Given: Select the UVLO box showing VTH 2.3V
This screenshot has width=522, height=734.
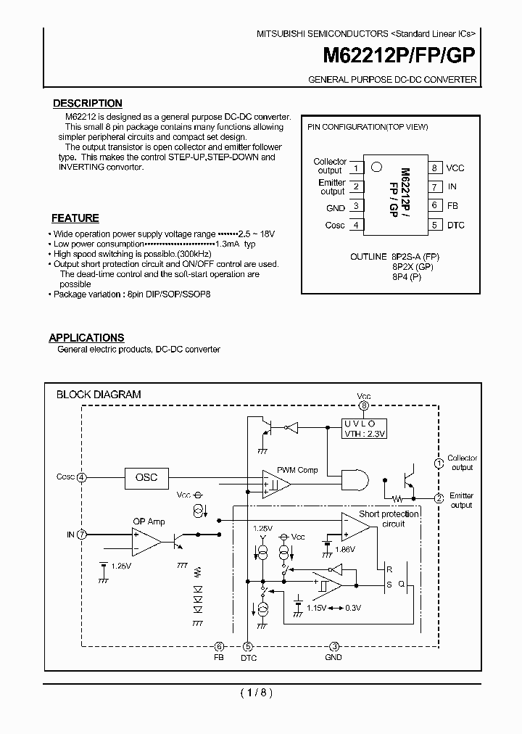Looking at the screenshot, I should point(365,428).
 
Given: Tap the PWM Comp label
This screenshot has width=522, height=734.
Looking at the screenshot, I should point(297,470).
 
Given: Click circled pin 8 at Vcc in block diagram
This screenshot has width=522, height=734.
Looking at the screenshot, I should point(364,406).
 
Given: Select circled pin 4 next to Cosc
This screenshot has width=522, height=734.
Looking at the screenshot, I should point(82,477).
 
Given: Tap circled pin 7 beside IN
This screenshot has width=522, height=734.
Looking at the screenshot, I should point(82,535).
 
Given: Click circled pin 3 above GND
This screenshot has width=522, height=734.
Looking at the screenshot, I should point(333,646).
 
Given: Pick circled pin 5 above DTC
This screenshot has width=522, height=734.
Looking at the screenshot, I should point(248,646).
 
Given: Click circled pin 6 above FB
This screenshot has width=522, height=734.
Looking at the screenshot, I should point(219,646).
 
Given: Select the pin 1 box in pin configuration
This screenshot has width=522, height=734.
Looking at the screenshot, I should point(356,168).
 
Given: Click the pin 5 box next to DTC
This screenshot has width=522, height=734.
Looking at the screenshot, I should point(434,225).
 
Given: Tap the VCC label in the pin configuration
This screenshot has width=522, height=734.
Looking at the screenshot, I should point(455,168).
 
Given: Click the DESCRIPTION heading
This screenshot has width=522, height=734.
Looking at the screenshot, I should point(88,104).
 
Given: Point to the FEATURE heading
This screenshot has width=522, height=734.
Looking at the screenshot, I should point(75,218).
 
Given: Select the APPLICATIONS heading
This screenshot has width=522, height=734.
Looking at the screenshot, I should point(86,338).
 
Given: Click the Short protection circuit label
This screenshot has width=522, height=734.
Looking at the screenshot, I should point(389,519).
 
